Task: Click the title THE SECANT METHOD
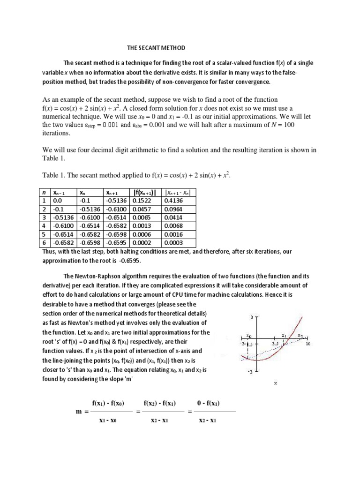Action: (157, 48)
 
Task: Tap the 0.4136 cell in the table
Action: (172, 201)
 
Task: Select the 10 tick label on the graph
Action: (308, 344)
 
